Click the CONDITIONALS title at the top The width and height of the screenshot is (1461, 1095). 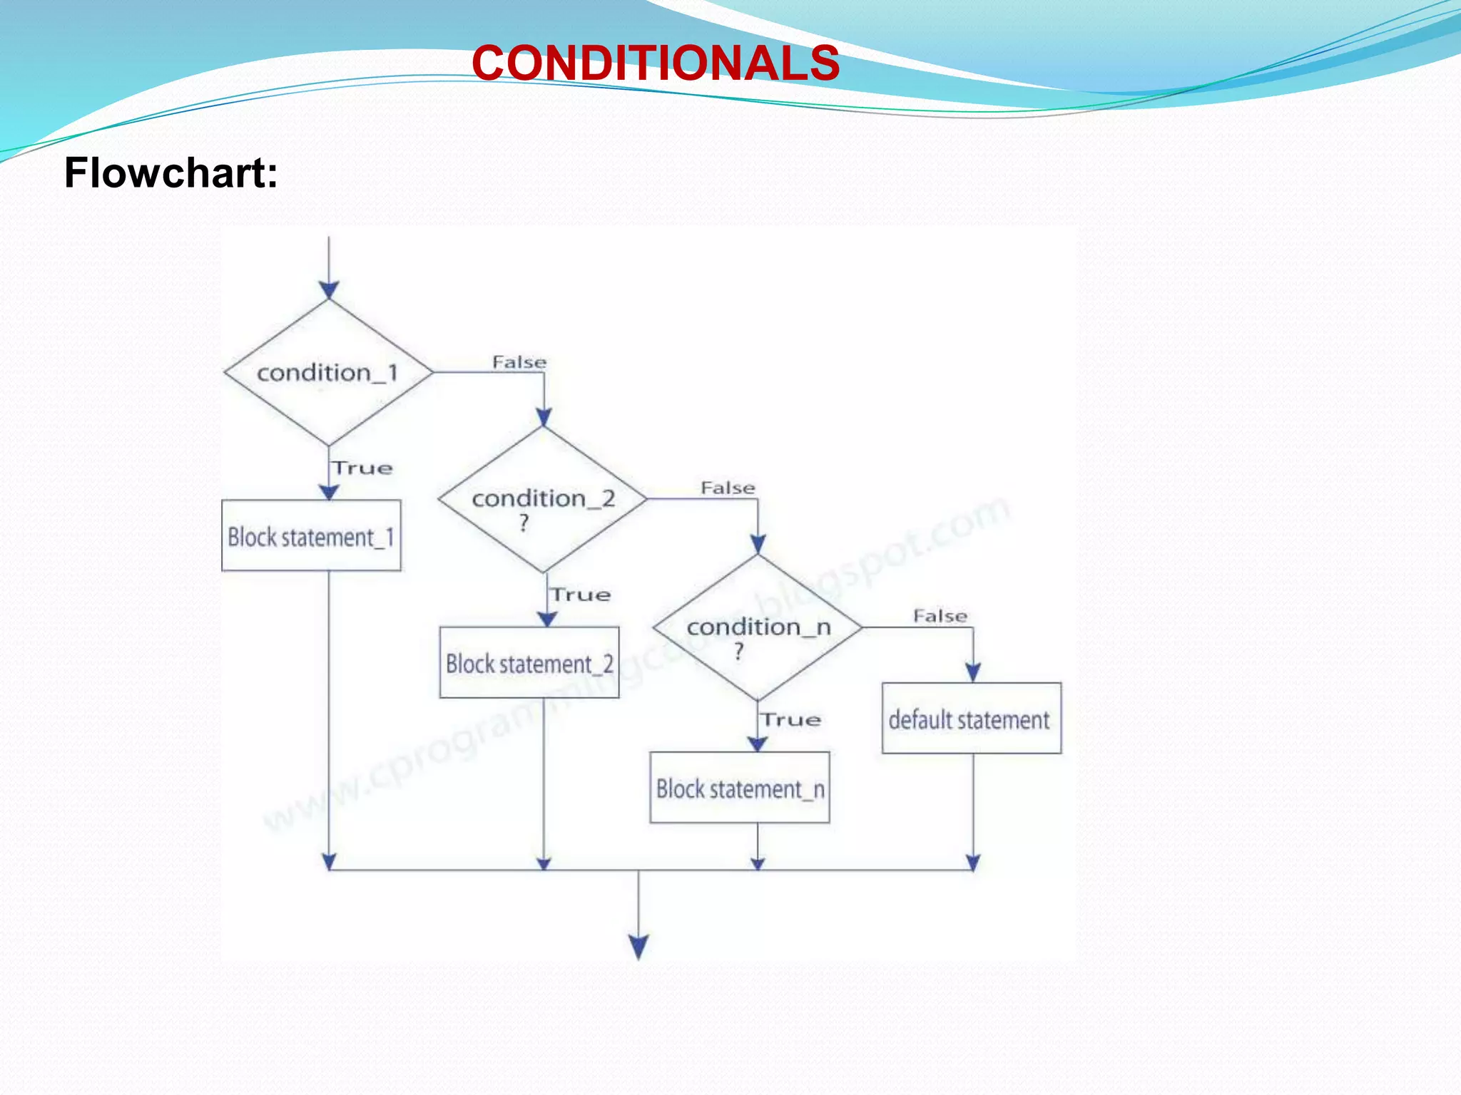(656, 63)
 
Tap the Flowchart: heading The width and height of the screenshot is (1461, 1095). (171, 173)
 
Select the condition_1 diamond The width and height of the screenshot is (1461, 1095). (328, 372)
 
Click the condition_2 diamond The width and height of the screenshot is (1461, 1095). (543, 499)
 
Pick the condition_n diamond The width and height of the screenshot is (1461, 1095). (758, 627)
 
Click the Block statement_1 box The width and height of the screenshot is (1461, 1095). (311, 536)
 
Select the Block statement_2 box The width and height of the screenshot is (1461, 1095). (529, 663)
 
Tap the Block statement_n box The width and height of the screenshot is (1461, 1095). (740, 788)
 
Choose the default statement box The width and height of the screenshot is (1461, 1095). (971, 719)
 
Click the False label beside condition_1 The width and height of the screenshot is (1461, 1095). (519, 362)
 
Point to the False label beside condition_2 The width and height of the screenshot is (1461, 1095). (728, 488)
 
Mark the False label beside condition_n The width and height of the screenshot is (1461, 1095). (940, 616)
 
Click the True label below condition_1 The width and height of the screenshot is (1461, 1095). (363, 468)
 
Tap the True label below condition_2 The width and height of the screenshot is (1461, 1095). (581, 595)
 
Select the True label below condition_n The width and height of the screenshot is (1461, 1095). (790, 719)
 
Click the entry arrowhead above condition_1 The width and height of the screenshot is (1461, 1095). (329, 289)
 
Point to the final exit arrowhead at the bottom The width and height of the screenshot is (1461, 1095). (638, 947)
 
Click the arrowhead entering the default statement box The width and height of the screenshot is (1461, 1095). (973, 672)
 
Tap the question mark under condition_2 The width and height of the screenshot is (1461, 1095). (524, 523)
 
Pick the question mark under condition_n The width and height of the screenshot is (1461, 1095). (739, 651)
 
